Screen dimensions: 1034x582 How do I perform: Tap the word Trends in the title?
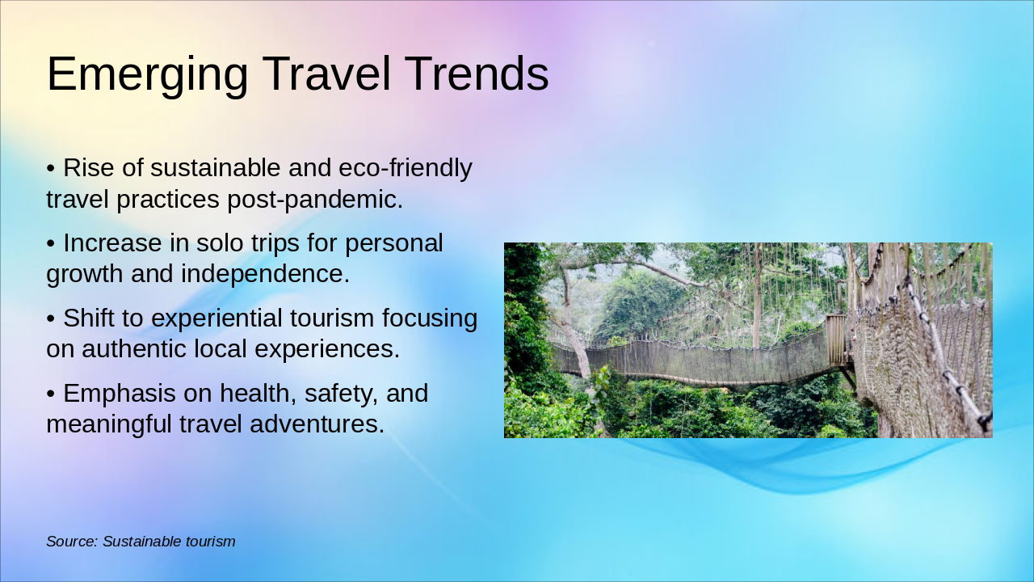click(477, 74)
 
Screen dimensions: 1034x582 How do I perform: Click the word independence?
click(266, 274)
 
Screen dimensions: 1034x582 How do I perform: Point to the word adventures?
click(317, 424)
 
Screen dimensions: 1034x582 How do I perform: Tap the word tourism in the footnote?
click(210, 542)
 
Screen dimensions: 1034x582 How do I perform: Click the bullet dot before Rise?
click(51, 169)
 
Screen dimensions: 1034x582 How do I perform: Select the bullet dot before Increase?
click(51, 244)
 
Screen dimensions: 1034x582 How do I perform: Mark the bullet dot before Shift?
click(51, 319)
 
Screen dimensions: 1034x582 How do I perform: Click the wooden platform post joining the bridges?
click(836, 339)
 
